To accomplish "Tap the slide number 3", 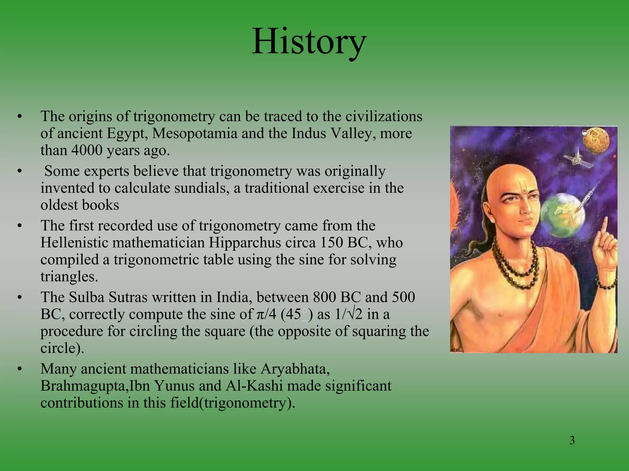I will click(x=572, y=440).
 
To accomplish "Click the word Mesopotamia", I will click(x=195, y=133).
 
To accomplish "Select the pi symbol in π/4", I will click(x=259, y=315).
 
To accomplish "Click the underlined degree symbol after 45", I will click(x=304, y=312).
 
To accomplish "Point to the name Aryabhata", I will click(x=295, y=369).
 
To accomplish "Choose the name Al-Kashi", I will click(x=254, y=386).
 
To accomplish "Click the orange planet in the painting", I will click(x=596, y=141).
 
